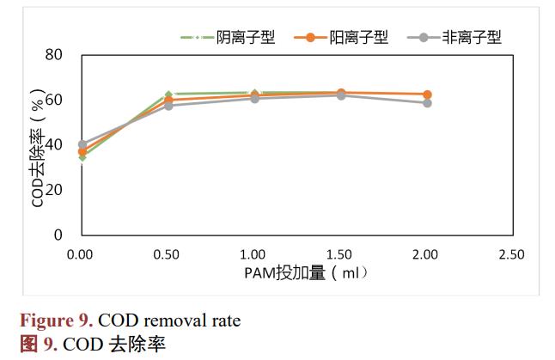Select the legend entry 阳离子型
(358, 37)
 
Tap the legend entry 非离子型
(471, 37)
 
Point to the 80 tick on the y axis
(53, 54)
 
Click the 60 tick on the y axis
(53, 100)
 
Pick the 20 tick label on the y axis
(53, 190)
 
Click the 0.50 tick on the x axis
(168, 254)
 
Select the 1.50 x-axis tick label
(340, 254)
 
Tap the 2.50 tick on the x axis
(512, 254)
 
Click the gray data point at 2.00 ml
(427, 103)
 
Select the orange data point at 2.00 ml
(427, 95)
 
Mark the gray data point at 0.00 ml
(82, 144)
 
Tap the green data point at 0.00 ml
(82, 157)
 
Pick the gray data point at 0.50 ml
(168, 106)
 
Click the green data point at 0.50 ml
(168, 95)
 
